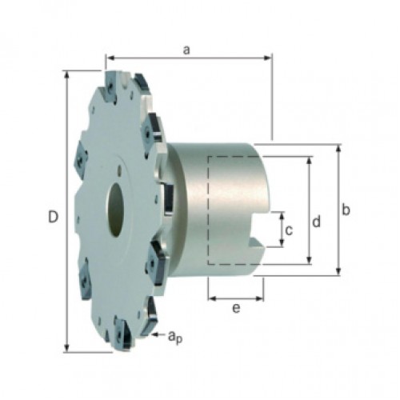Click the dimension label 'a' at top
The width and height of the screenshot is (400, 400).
[x=186, y=50]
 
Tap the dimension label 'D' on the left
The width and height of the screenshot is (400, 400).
[x=53, y=217]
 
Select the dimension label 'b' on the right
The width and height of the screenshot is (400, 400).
[x=346, y=210]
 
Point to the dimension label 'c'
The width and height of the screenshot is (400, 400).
[x=289, y=230]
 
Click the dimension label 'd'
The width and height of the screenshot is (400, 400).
[x=317, y=222]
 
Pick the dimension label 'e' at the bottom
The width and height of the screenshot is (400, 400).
[x=236, y=309]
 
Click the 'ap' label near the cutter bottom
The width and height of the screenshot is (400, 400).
[x=175, y=337]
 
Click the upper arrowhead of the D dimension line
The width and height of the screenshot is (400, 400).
[x=67, y=75]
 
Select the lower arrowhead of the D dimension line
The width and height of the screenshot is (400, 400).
[x=67, y=348]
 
